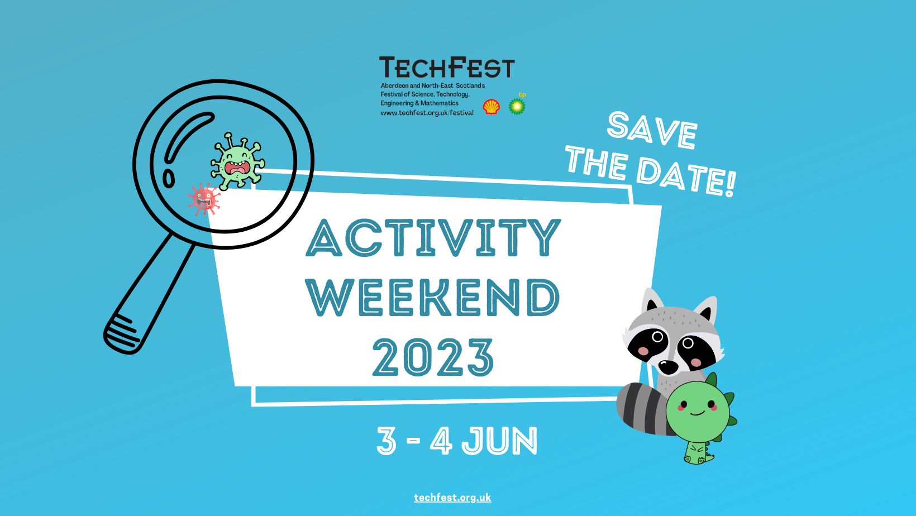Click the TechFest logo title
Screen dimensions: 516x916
point(446,68)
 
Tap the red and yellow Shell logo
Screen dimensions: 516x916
point(491,107)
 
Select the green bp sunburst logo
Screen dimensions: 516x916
point(517,106)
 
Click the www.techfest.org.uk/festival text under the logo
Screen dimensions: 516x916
point(427,113)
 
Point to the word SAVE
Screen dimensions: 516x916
point(652,130)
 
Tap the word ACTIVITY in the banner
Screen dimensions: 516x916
point(433,238)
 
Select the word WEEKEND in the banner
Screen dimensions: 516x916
point(433,298)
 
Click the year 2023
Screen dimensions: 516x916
point(433,357)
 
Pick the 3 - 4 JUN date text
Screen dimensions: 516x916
point(457,441)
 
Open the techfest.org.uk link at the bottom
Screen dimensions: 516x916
point(452,498)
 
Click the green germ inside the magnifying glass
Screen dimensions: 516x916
point(237,162)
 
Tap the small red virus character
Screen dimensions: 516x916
point(203,199)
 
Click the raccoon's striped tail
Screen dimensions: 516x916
point(642,408)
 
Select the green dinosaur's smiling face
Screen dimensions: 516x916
point(698,410)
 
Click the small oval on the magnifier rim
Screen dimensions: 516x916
point(168,178)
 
